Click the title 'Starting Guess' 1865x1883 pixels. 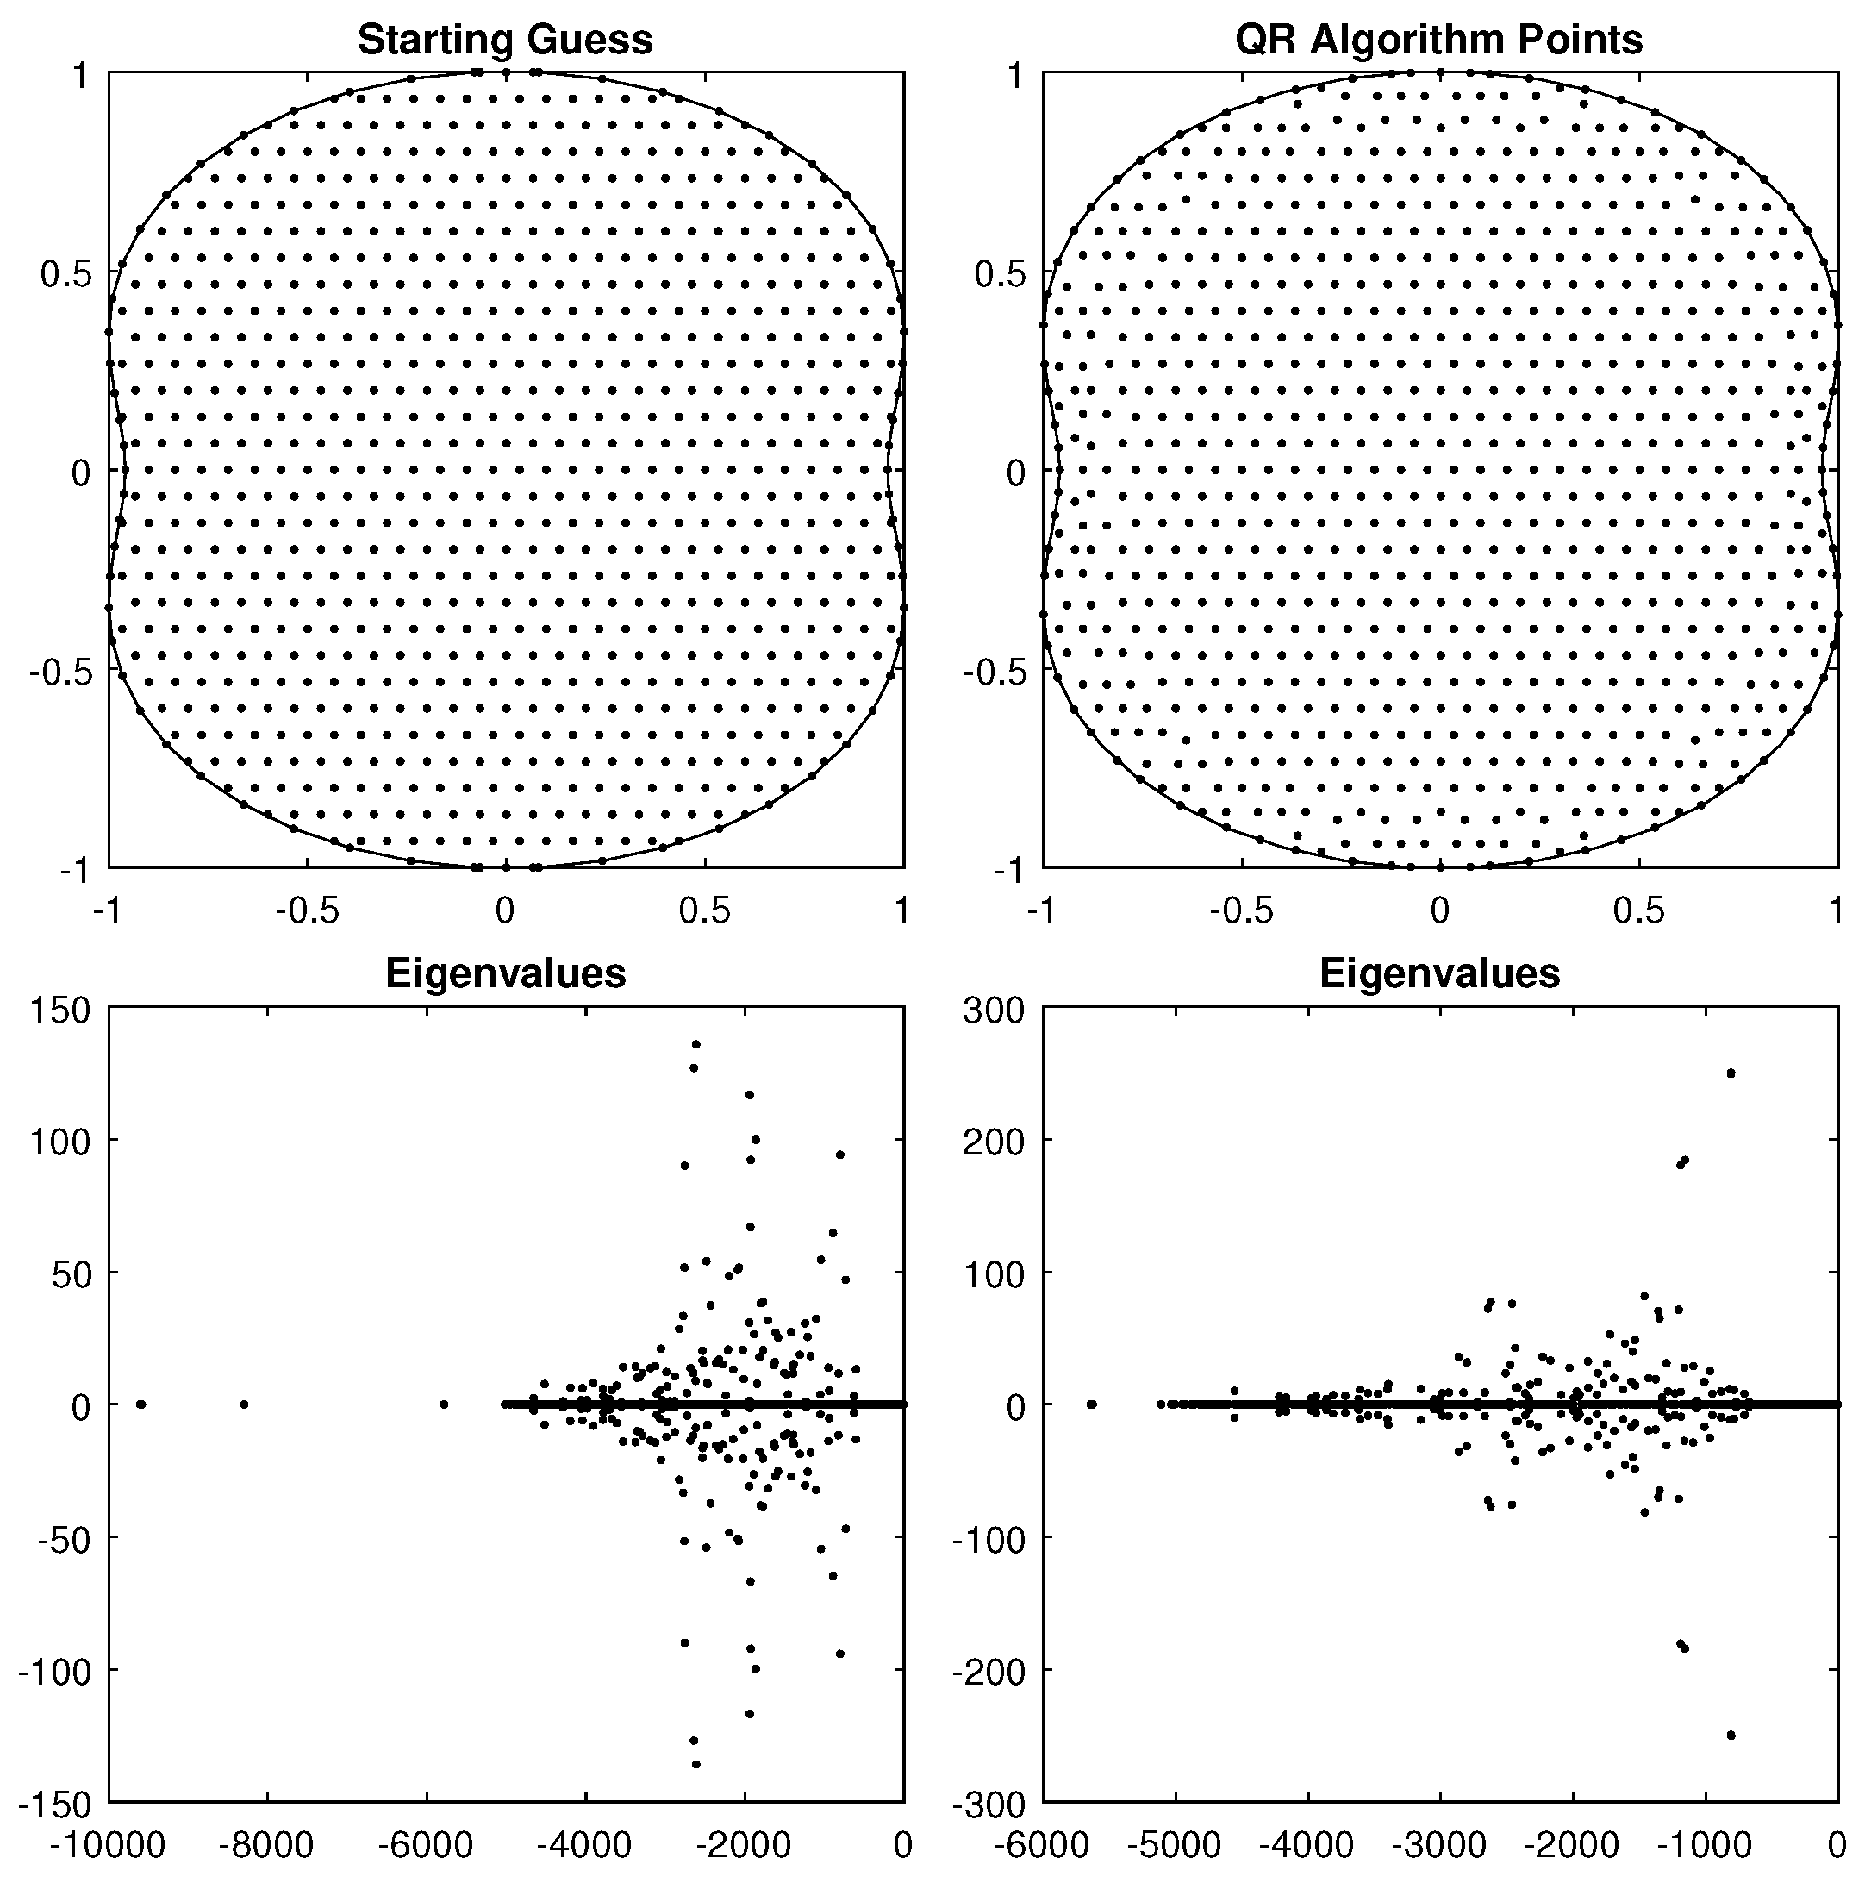(x=505, y=40)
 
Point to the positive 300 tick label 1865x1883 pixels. (x=994, y=1010)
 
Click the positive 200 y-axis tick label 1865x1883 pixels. (x=994, y=1141)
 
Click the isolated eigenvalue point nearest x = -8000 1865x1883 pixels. (x=244, y=1404)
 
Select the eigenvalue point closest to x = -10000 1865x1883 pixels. (x=141, y=1404)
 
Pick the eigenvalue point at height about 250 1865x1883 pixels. (x=1731, y=1073)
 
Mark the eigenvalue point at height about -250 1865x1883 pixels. (x=1731, y=1736)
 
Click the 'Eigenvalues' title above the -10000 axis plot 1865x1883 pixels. (x=505, y=973)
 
